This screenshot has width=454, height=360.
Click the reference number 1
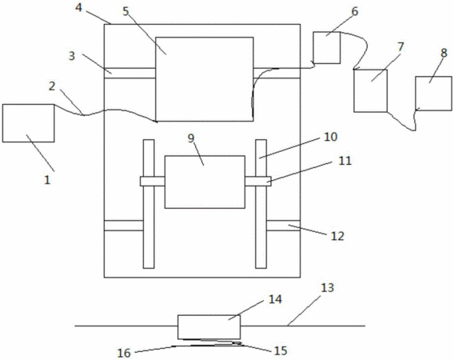click(x=47, y=180)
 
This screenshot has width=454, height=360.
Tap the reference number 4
click(x=78, y=7)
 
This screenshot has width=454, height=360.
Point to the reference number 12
click(x=337, y=236)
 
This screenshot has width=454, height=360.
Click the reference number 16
click(x=124, y=353)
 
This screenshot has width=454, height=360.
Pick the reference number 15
click(x=281, y=350)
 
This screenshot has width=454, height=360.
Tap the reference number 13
click(x=328, y=288)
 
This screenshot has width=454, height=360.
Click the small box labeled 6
click(x=327, y=48)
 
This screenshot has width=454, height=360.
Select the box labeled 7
click(x=371, y=90)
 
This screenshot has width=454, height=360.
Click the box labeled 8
click(x=433, y=94)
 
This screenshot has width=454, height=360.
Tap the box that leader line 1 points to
click(x=29, y=123)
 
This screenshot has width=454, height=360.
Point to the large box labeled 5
click(x=205, y=79)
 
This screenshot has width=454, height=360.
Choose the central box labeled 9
click(x=205, y=182)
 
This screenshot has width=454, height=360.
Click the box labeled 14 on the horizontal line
click(x=209, y=327)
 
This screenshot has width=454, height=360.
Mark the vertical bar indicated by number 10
click(x=261, y=204)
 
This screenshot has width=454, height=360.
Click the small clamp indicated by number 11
click(x=258, y=181)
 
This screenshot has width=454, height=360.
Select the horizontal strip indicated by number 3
click(x=129, y=74)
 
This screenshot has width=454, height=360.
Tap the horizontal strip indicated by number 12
click(x=283, y=226)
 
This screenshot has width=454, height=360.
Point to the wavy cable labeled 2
click(x=105, y=113)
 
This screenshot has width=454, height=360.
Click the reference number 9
click(x=191, y=138)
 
